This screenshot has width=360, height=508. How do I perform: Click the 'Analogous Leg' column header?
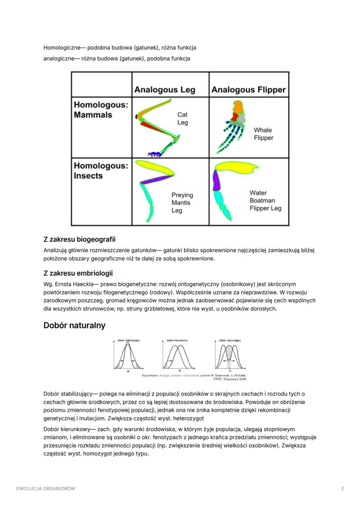click(164, 90)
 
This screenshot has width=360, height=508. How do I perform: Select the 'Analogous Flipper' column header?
click(248, 90)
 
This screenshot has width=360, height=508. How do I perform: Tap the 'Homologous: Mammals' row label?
click(101, 110)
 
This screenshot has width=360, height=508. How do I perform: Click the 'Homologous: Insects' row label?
click(101, 171)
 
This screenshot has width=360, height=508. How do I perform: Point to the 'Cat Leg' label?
click(183, 119)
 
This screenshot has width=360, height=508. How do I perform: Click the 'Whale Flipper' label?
click(263, 134)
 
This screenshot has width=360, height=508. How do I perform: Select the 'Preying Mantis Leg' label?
click(182, 203)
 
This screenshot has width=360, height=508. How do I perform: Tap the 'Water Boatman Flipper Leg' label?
click(265, 200)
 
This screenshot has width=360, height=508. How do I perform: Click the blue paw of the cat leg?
click(154, 154)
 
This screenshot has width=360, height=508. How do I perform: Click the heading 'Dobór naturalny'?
click(74, 325)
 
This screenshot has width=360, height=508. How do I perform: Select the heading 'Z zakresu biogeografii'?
click(79, 239)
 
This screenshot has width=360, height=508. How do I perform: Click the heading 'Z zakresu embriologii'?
click(78, 273)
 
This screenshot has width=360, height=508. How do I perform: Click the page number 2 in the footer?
click(342, 488)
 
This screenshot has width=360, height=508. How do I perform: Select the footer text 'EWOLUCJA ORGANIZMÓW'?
click(46, 488)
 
